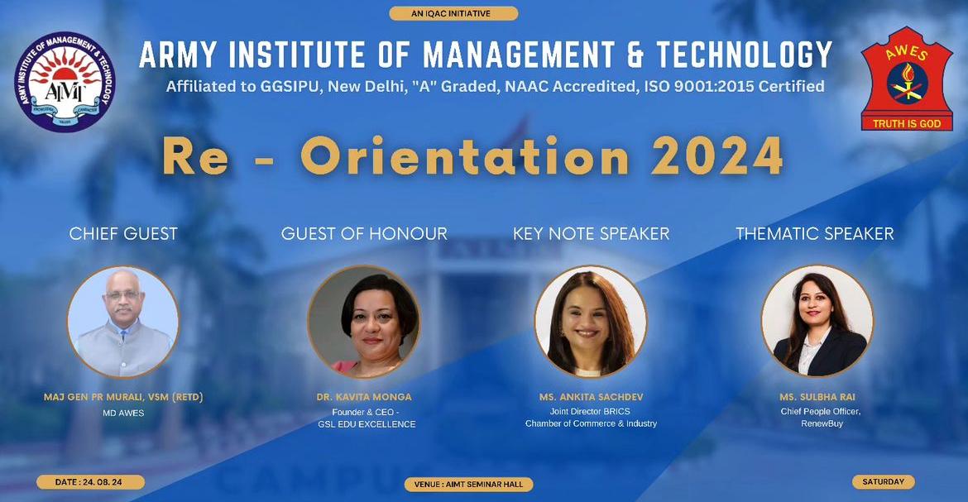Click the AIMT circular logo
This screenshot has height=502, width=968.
(x=65, y=82)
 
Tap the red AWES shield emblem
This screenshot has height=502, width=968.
(x=906, y=79)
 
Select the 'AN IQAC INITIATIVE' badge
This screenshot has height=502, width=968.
(x=453, y=13)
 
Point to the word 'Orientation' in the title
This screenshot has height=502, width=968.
(x=464, y=157)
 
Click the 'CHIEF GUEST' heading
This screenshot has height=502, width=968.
(x=123, y=233)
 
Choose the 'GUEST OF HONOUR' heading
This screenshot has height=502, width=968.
(x=364, y=233)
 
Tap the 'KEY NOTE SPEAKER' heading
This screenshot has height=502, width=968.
(x=591, y=233)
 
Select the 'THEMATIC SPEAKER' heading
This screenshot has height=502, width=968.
(x=815, y=233)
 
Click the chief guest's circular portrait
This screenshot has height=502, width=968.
(x=123, y=322)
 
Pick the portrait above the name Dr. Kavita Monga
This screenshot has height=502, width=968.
(x=363, y=322)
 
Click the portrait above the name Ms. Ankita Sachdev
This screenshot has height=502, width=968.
(x=591, y=322)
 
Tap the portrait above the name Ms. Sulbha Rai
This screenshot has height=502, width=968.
(x=817, y=322)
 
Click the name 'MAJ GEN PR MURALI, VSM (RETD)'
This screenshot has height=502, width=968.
(x=123, y=397)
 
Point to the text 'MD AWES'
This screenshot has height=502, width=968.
(x=123, y=413)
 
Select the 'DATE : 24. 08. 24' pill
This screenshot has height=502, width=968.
(x=90, y=482)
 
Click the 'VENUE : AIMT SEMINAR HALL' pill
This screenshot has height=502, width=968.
(x=468, y=484)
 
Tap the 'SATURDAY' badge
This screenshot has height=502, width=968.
(x=884, y=481)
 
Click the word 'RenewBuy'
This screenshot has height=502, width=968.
(x=822, y=423)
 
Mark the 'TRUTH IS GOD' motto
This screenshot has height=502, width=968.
(x=907, y=123)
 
